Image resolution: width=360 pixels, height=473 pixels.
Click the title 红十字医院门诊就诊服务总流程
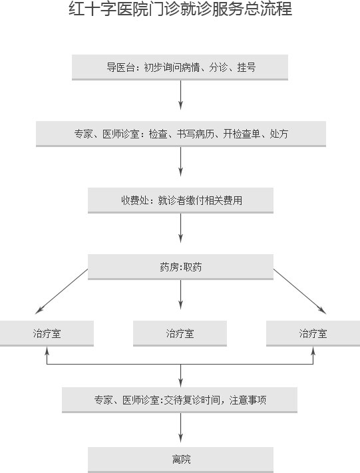[180, 9]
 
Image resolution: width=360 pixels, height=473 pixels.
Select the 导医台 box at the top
[180, 67]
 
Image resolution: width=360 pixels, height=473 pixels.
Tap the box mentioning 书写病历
[181, 134]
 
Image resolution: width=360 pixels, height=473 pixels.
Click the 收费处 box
[180, 201]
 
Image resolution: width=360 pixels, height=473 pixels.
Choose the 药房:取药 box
[180, 267]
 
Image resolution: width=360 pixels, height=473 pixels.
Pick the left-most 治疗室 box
[47, 333]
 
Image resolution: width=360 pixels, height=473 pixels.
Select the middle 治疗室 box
[180, 333]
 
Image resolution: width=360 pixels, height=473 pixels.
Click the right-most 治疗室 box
[313, 333]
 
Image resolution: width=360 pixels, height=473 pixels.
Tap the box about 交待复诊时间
[180, 400]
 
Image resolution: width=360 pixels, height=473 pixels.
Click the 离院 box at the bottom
[180, 460]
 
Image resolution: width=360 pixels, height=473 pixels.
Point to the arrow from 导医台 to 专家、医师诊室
[180, 95]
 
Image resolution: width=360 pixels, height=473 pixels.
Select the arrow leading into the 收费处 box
[180, 162]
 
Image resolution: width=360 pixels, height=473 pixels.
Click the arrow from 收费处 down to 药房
[180, 228]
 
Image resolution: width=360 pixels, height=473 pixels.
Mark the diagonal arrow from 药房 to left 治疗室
[61, 291]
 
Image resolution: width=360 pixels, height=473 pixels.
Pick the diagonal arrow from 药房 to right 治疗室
[300, 291]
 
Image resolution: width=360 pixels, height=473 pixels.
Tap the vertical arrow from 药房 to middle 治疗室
[180, 295]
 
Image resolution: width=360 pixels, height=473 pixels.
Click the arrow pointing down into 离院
[180, 428]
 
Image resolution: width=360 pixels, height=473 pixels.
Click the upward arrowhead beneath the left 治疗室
[47, 351]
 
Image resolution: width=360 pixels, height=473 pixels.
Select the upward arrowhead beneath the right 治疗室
[313, 351]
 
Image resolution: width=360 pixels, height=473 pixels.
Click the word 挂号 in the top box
[246, 67]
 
